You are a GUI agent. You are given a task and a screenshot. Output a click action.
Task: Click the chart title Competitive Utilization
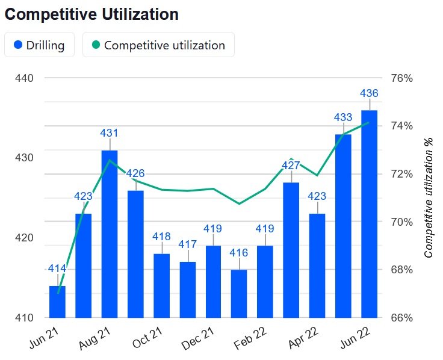point(91,14)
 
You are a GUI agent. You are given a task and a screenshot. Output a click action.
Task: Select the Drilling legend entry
point(39,45)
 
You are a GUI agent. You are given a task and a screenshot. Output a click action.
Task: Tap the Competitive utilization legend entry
point(158,45)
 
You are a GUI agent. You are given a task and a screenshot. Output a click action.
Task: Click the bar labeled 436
point(369,214)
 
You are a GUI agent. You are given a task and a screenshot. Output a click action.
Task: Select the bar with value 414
point(57,302)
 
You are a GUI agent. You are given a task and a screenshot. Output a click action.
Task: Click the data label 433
point(343,117)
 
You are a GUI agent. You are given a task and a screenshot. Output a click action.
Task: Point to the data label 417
point(187,244)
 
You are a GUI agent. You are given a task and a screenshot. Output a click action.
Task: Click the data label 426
point(135,173)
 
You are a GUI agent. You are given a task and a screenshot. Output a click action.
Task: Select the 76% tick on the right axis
point(401,78)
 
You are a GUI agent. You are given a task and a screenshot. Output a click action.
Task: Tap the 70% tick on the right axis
point(401,222)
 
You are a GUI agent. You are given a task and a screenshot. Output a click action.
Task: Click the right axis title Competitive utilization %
point(429,197)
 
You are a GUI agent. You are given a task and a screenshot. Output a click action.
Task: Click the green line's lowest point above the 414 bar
point(58,293)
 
